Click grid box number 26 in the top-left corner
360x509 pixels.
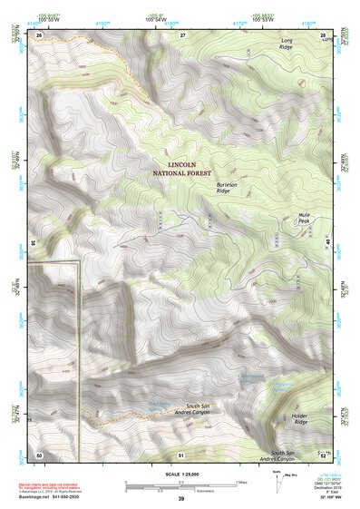(x=39, y=34)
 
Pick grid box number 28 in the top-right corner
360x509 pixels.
(x=324, y=34)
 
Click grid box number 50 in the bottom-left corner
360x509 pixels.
(x=39, y=453)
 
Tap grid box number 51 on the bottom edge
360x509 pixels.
(x=181, y=453)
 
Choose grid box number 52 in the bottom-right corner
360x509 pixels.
(x=324, y=453)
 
